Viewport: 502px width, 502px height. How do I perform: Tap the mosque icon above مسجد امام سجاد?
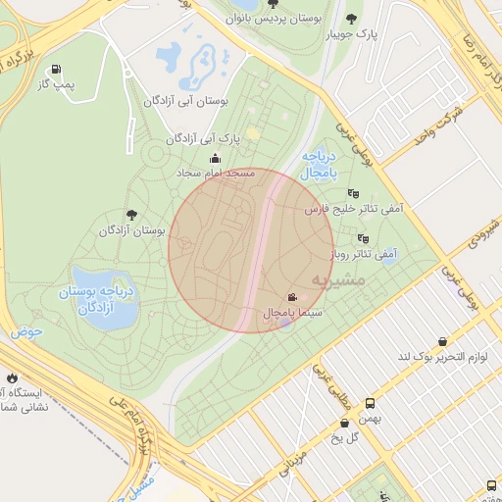(215, 159)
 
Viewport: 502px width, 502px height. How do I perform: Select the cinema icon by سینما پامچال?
(292, 297)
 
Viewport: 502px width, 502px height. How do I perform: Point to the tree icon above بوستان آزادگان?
(130, 215)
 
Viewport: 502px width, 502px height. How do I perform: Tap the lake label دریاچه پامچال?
(320, 164)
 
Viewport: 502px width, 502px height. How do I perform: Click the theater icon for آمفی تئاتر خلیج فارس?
(353, 193)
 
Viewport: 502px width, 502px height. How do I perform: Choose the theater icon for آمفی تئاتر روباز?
(363, 238)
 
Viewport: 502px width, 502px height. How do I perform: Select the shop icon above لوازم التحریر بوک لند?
(442, 341)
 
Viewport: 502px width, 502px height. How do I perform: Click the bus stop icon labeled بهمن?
(370, 403)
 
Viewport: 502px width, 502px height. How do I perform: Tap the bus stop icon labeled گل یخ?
(344, 424)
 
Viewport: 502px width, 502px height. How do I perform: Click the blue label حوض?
(27, 331)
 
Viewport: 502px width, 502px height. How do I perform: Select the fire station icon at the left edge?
(11, 377)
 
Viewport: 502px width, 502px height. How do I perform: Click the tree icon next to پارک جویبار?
(351, 19)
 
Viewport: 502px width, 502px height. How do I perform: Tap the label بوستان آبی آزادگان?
(186, 101)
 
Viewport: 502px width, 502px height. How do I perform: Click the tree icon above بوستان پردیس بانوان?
(272, 4)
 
